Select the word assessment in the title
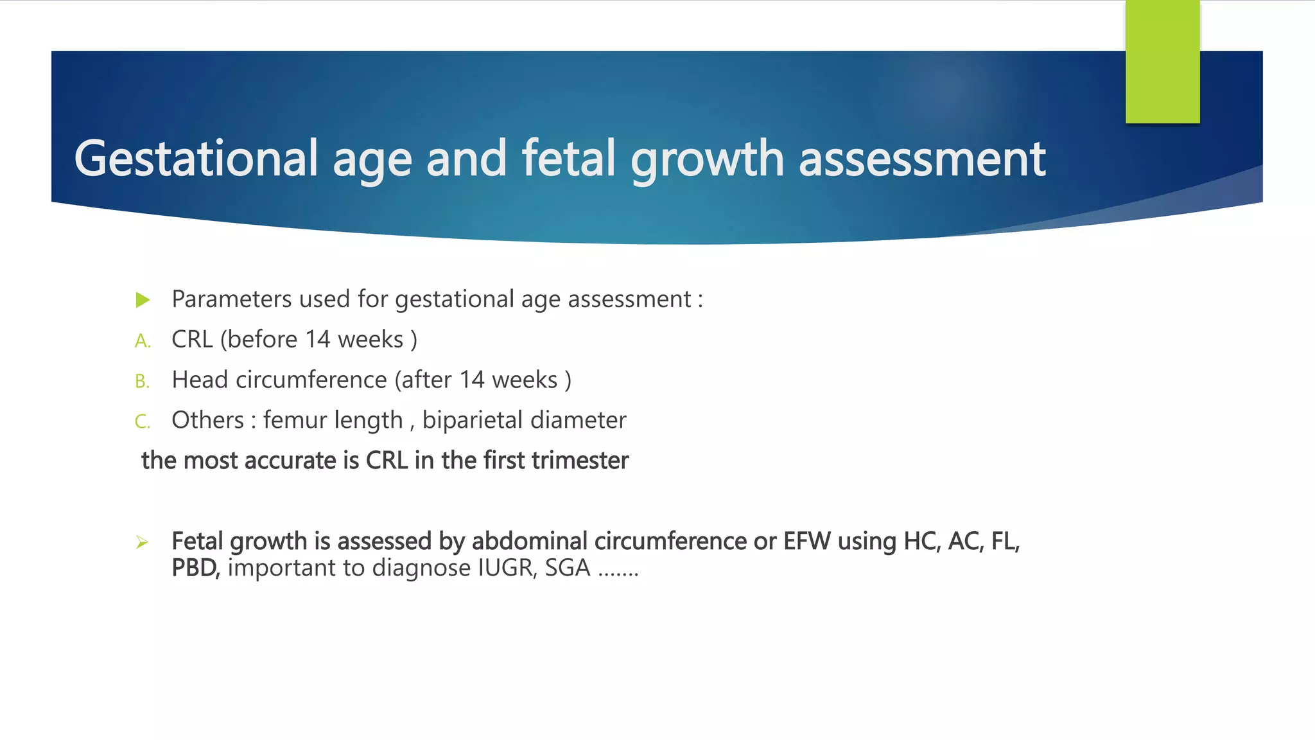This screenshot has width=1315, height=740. point(922,159)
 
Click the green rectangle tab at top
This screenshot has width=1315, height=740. point(1162,62)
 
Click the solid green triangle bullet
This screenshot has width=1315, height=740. point(143,300)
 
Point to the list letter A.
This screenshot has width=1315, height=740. point(142,341)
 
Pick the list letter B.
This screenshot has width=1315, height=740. point(142,382)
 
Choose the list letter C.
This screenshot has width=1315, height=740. point(142,422)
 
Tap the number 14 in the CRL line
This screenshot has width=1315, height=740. point(317,339)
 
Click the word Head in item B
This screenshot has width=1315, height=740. point(200,380)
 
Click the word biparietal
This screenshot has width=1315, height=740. point(473,420)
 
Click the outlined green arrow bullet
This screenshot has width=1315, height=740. point(142,543)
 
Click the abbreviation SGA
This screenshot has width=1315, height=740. point(567,568)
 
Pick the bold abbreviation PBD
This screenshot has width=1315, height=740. point(195,568)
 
